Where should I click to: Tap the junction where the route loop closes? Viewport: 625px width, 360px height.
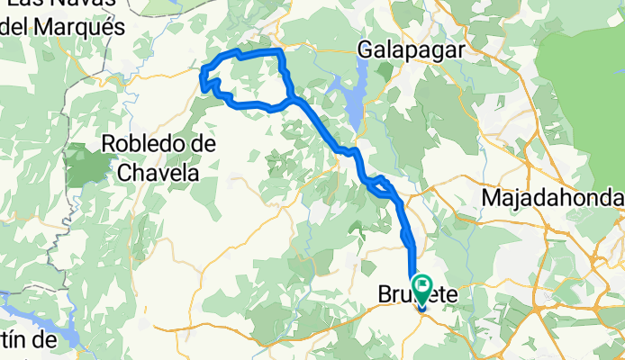click(x=291, y=97)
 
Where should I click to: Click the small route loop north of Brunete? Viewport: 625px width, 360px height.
click(x=381, y=184)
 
